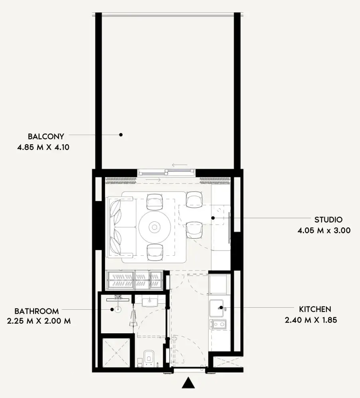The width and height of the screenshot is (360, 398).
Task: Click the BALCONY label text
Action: click(46, 136)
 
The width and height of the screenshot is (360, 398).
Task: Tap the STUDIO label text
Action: click(328, 219)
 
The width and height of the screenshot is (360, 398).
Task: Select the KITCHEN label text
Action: click(315, 309)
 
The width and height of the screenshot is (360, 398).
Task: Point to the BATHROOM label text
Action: click(36, 311)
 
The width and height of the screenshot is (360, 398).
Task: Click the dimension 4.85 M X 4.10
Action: click(43, 147)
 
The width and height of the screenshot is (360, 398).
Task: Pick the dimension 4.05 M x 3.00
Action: click(324, 231)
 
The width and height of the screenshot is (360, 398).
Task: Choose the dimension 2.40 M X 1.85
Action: click(311, 320)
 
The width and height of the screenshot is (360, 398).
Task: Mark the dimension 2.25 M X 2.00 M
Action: click(39, 321)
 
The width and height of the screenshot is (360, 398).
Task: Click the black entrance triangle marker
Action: click(188, 383)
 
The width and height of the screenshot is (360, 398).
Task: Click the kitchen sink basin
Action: click(216, 308)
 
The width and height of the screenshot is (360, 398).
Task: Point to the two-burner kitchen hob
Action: click(218, 324)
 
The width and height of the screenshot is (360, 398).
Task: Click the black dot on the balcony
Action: click(121, 135)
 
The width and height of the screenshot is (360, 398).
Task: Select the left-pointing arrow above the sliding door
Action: click(180, 165)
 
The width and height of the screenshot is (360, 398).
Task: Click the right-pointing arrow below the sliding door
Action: click(153, 180)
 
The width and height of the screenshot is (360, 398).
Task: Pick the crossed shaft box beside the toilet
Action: click(116, 352)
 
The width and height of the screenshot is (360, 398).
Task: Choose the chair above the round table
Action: click(155, 202)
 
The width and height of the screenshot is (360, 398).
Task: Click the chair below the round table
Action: click(155, 253)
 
